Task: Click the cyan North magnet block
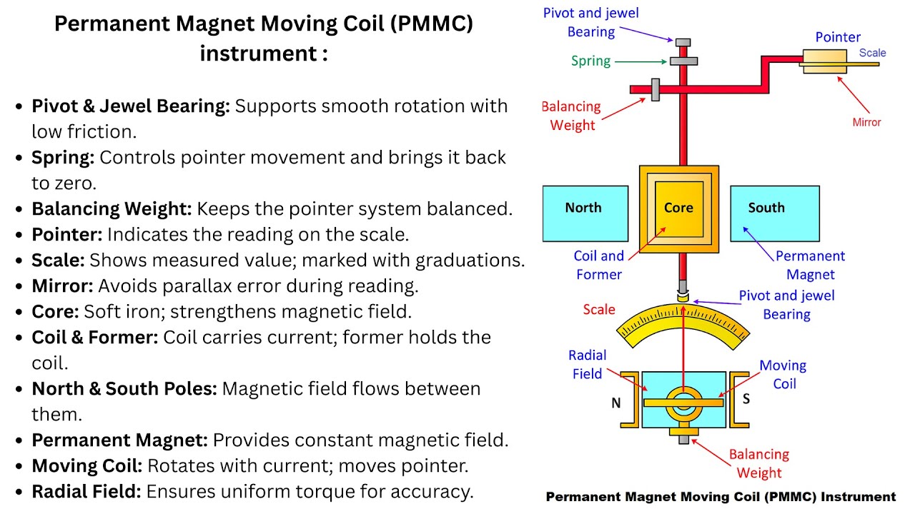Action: pyautogui.click(x=585, y=213)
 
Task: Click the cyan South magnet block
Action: pyautogui.click(x=774, y=213)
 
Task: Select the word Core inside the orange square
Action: pyautogui.click(x=678, y=208)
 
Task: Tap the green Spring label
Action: pyautogui.click(x=590, y=61)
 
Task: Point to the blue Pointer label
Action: pyautogui.click(x=838, y=37)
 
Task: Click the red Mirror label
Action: pyautogui.click(x=866, y=122)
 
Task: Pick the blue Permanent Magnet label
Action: pyautogui.click(x=810, y=265)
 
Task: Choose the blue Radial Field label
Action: pyautogui.click(x=587, y=364)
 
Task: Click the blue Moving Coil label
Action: pyautogui.click(x=783, y=374)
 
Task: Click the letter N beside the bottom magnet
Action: pyautogui.click(x=615, y=403)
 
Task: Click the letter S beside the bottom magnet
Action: pyautogui.click(x=746, y=399)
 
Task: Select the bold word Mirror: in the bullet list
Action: pyautogui.click(x=62, y=286)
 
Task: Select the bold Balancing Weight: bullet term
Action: pyautogui.click(x=112, y=209)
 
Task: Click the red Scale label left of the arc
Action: pyautogui.click(x=598, y=310)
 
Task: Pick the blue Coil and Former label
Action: pyautogui.click(x=598, y=265)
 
